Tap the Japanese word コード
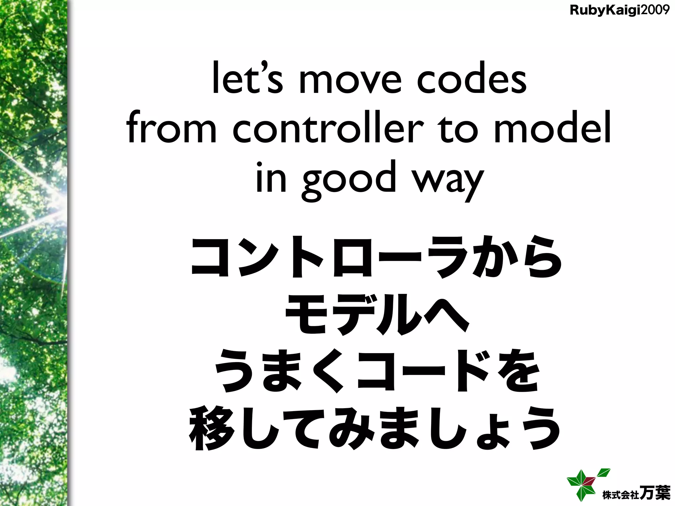(x=425, y=373)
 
